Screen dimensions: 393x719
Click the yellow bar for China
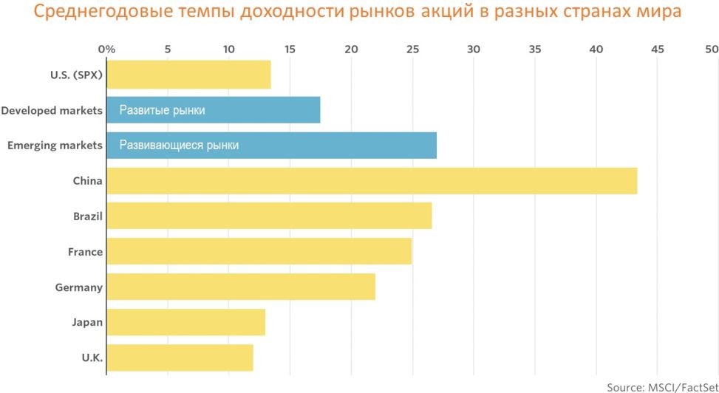(372, 181)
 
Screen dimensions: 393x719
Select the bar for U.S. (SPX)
(188, 75)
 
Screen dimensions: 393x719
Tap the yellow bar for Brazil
(269, 216)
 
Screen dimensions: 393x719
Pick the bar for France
(259, 252)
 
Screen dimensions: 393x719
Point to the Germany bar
(241, 287)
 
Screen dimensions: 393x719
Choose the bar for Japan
(185, 322)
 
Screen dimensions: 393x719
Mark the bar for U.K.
(180, 358)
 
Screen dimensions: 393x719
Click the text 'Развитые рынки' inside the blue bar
(163, 110)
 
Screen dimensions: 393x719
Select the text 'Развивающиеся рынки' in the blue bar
(180, 146)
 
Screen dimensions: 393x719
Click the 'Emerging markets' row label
(55, 146)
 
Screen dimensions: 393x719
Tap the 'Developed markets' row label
(52, 110)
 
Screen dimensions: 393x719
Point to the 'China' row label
(87, 181)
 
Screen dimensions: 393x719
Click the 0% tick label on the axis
(106, 49)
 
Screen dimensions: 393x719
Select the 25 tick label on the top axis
(412, 49)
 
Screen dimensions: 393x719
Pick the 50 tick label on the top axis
(712, 49)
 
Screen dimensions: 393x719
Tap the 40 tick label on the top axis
(596, 49)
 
